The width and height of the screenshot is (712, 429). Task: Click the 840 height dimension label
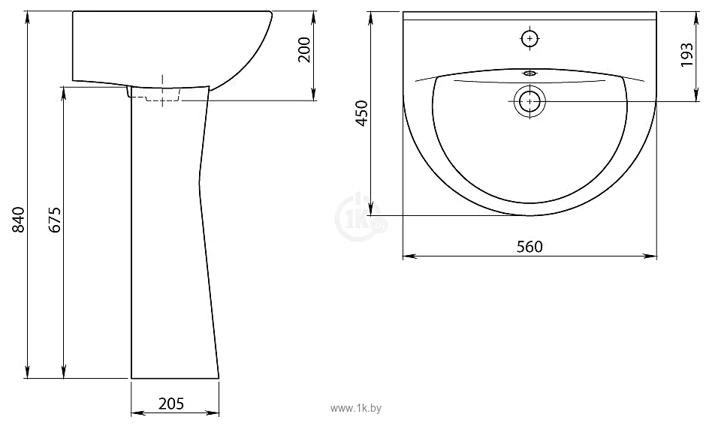tap(18, 220)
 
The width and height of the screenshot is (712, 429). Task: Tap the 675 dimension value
tap(55, 220)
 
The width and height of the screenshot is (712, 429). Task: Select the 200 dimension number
tap(303, 50)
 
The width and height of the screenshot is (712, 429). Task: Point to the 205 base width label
tap(171, 403)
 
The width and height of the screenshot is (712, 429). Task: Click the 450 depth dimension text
tap(361, 113)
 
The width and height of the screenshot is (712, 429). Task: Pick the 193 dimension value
tap(687, 55)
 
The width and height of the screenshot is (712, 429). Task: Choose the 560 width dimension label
tap(529, 246)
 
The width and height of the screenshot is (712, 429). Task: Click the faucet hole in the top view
tap(530, 38)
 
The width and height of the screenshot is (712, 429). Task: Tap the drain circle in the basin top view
tap(529, 101)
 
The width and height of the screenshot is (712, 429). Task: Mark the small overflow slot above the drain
tap(530, 73)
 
